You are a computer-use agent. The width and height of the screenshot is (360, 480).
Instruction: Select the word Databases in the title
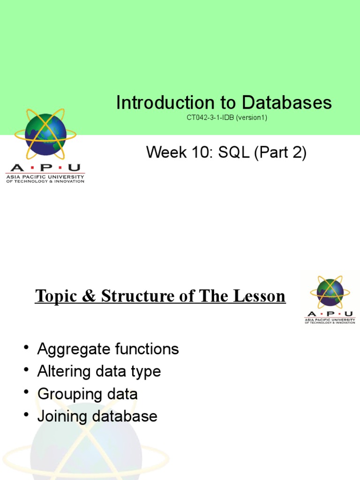pos(287,103)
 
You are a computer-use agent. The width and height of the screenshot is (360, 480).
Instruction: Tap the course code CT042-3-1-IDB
pos(210,118)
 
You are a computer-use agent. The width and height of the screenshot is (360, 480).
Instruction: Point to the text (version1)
pos(251,118)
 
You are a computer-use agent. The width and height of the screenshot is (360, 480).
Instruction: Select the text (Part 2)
pos(281,152)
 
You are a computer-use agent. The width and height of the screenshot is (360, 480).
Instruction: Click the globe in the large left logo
pos(45,135)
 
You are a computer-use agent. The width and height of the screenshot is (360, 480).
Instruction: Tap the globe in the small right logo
pos(330,292)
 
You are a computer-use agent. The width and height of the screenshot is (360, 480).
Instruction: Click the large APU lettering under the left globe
pos(45,168)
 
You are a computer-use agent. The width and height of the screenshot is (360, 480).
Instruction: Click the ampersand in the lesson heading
pos(88,296)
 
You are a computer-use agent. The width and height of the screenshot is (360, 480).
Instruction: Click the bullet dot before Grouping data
pos(26,392)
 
